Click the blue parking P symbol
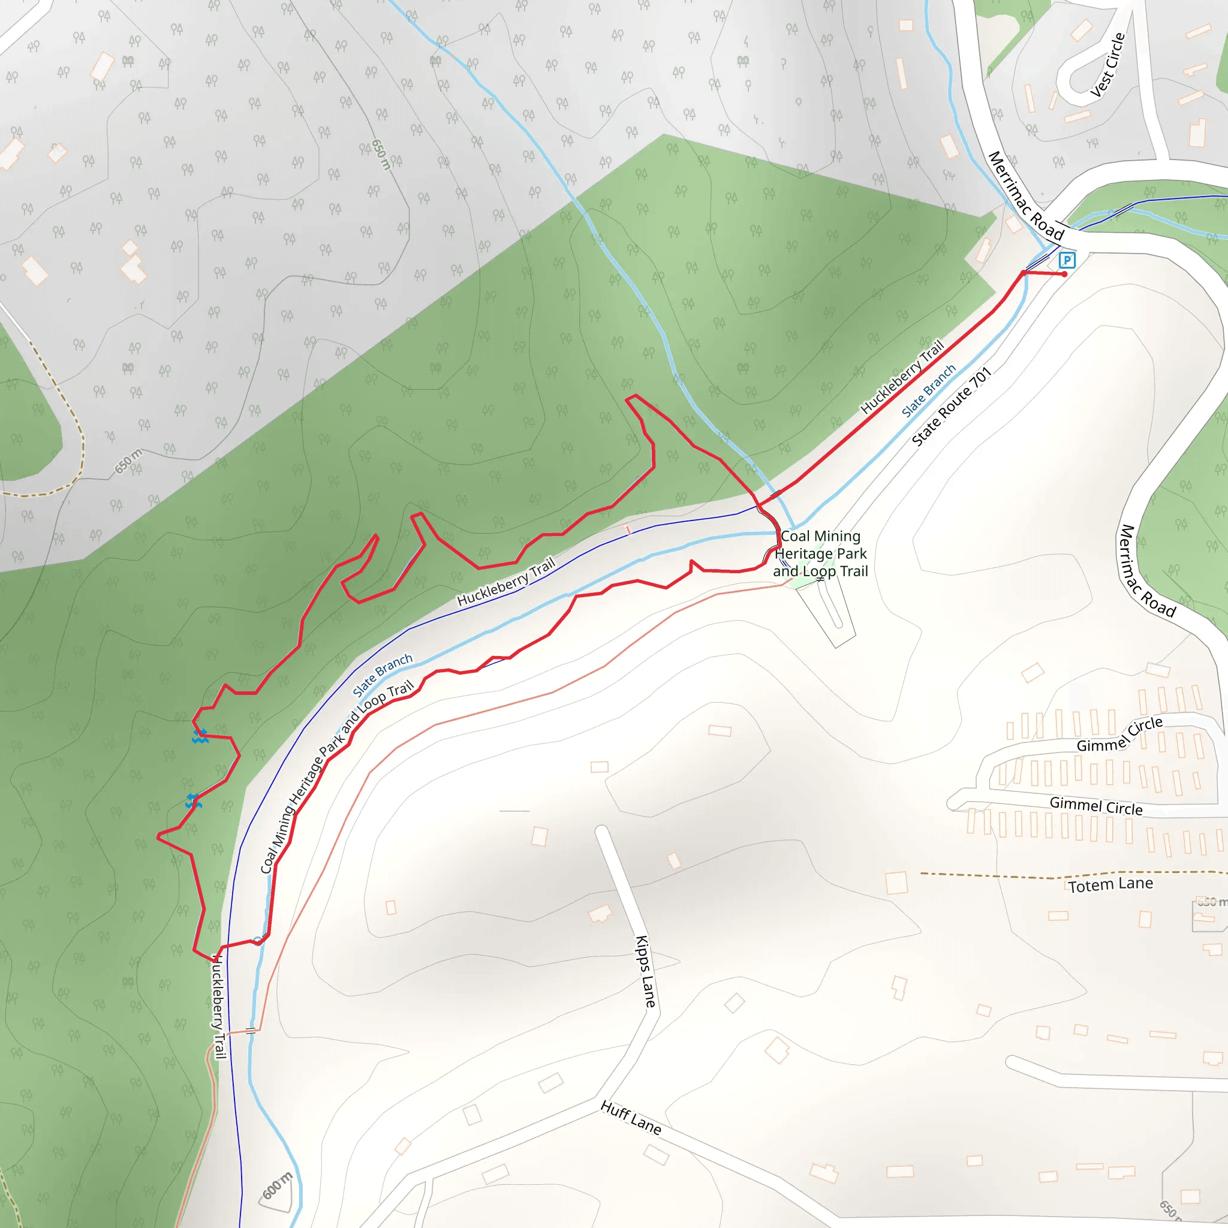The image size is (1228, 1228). click(1067, 260)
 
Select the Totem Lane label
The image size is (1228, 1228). click(1110, 885)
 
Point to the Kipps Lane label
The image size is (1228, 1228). click(645, 971)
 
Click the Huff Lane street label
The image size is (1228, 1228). click(631, 1118)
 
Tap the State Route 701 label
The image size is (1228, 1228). click(952, 407)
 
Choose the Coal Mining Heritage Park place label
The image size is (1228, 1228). click(820, 553)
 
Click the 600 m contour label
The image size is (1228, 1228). click(278, 1185)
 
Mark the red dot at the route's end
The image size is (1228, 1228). click(1065, 275)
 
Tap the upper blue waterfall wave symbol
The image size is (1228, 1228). click(200, 737)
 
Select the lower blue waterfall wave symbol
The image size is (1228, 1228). click(193, 802)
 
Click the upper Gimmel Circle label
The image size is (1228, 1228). click(1119, 735)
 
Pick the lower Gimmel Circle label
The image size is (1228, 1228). click(1096, 806)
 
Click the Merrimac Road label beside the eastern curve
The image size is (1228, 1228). click(1147, 571)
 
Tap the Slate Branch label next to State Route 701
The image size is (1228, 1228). click(929, 390)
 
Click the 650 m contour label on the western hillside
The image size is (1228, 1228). click(128, 462)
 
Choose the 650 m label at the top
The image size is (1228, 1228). click(380, 155)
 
